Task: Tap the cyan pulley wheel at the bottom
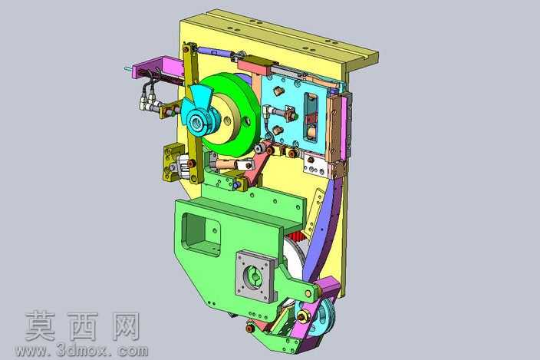click(x=318, y=315)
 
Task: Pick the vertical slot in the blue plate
click(x=310, y=118)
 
